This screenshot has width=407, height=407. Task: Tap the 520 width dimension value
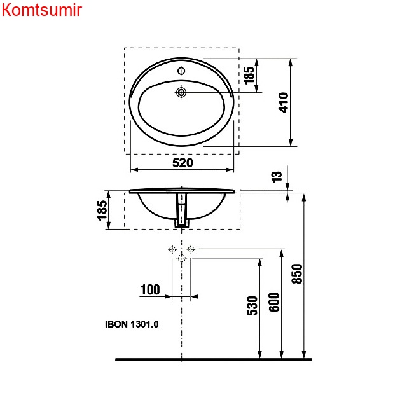[183, 163]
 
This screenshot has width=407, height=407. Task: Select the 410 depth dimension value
[284, 102]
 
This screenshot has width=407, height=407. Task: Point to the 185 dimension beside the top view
[249, 75]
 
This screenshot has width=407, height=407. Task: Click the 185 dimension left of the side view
[102, 210]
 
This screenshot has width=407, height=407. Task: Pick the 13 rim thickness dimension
[276, 177]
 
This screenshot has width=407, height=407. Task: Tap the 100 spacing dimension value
[150, 290]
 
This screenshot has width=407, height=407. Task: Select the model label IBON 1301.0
[132, 324]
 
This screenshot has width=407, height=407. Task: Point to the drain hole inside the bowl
[182, 93]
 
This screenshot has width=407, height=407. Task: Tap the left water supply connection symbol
[172, 249]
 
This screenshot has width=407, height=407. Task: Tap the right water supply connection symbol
[191, 249]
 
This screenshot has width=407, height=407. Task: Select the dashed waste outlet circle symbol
[182, 258]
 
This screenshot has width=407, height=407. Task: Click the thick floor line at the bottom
[214, 359]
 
